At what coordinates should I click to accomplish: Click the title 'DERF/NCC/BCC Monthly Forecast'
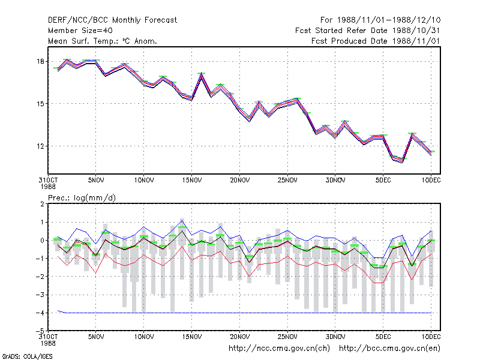(112, 20)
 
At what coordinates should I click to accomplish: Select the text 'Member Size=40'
(80, 31)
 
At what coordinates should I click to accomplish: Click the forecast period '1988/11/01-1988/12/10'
(389, 20)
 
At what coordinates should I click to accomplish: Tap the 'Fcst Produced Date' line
(376, 41)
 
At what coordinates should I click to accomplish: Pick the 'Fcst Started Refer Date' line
(368, 31)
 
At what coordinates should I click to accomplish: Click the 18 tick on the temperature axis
(40, 62)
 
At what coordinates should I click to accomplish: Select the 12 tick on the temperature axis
(40, 146)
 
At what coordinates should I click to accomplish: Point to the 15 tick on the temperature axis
(40, 104)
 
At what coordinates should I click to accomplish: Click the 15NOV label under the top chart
(192, 180)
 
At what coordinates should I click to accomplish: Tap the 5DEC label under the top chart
(383, 180)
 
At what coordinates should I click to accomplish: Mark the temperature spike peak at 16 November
(201, 73)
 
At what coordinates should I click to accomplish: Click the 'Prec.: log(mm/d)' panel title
(82, 198)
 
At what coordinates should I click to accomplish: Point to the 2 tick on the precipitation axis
(42, 204)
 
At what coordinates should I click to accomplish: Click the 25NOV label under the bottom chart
(287, 337)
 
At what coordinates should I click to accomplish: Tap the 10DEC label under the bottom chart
(431, 337)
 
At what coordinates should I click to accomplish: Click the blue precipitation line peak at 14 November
(182, 220)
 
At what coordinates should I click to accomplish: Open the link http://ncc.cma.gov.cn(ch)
(279, 349)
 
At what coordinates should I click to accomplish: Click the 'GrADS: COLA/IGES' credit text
(27, 356)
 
